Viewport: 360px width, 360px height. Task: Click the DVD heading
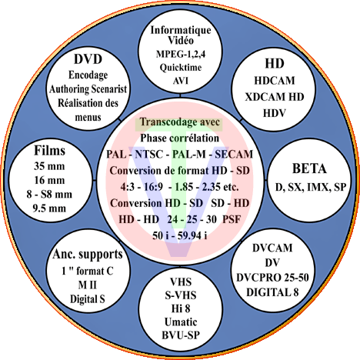88,59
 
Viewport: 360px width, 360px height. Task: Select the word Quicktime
181,68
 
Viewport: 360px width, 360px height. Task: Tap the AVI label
181,81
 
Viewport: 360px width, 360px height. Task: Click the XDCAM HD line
275,97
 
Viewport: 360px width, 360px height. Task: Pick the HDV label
275,113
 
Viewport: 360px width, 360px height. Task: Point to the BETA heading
309,168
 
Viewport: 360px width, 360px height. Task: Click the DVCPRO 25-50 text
272,278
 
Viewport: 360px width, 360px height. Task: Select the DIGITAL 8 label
272,292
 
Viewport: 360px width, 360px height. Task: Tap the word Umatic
181,322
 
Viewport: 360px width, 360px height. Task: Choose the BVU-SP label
181,335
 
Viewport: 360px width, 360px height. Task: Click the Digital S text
88,299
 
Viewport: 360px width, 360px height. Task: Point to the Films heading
49,151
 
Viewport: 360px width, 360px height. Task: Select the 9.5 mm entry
49,208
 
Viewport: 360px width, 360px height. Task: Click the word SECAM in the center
234,155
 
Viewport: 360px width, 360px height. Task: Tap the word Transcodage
167,122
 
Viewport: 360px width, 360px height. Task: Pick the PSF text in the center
232,219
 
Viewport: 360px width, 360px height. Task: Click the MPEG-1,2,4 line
181,55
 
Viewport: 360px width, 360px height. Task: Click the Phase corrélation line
179,138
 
